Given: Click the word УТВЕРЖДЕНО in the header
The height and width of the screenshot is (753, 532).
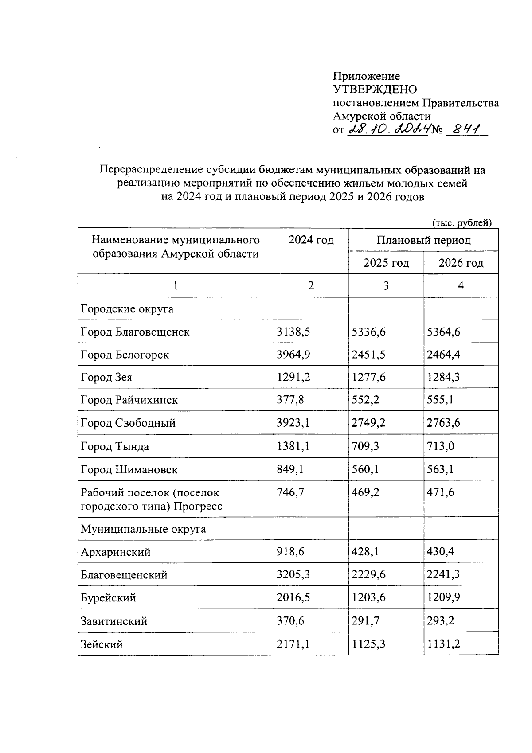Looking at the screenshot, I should (375, 90).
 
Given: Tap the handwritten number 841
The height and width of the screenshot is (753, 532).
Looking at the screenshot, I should (466, 130).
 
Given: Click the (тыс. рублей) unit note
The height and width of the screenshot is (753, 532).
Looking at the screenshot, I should (462, 223).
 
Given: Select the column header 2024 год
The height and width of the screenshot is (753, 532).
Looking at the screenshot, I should (311, 240).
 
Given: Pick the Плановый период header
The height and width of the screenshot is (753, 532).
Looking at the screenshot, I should (423, 240).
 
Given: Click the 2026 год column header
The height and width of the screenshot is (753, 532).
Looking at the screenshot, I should (461, 263).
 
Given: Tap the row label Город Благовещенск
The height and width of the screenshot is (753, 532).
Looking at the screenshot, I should (135, 332).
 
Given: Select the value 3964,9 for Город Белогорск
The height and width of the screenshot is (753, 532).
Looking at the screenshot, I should (293, 355).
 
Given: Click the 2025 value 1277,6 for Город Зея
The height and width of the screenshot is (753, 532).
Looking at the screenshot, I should (368, 377).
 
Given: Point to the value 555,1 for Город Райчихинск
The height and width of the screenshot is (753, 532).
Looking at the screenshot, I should (440, 400).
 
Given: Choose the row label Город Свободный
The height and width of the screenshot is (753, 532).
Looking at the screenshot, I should (128, 423).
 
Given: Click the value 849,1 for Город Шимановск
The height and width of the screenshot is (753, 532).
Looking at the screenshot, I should (290, 469).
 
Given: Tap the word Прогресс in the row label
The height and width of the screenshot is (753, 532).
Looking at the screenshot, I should (198, 506).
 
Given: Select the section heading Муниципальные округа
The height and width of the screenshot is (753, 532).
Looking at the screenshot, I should (143, 529).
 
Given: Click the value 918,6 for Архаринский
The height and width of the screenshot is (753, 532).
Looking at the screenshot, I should (290, 552).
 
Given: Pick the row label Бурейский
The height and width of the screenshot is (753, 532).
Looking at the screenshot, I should (108, 598).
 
